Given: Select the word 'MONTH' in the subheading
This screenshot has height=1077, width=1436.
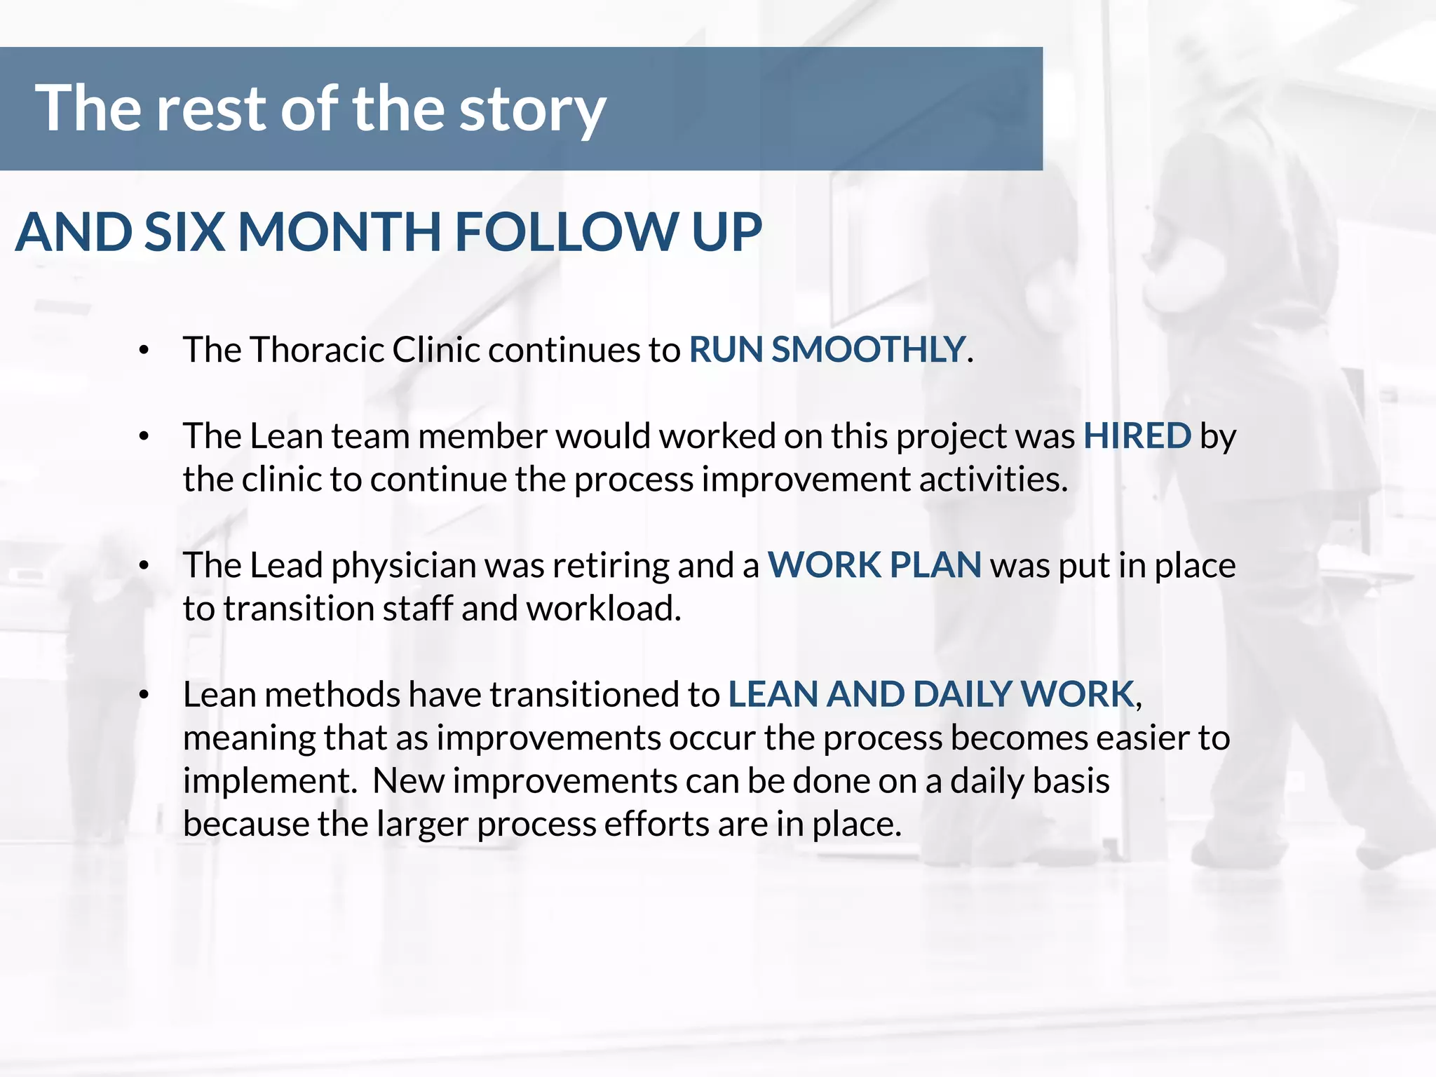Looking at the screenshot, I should coord(339,232).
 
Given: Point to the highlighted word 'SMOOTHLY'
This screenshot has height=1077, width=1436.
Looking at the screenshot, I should coord(868,349).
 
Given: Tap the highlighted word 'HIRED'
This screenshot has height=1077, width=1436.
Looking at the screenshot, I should coord(1137,435).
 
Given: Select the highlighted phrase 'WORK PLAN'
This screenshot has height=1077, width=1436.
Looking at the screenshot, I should coord(874,565).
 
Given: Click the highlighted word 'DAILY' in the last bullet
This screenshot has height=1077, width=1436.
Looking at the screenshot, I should coord(961,694).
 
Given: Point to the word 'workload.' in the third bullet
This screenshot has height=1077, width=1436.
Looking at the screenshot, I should coord(604,609).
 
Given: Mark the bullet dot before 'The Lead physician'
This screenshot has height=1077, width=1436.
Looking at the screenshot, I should coord(144,566).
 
